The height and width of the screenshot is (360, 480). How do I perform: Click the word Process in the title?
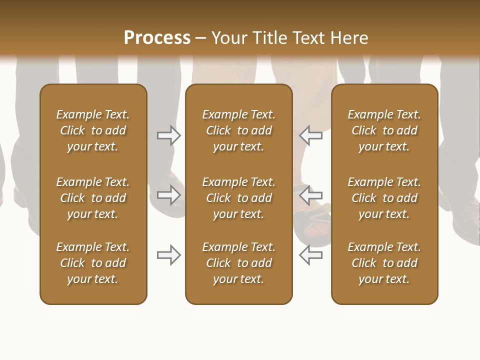tap(157, 37)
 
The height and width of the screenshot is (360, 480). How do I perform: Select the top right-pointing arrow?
tap(168, 135)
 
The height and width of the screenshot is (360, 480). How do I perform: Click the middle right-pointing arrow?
tap(168, 194)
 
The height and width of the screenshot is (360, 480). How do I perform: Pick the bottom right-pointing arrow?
tap(168, 255)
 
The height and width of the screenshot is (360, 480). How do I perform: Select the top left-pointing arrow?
tap(310, 135)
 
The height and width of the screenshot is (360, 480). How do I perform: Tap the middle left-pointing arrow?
tap(310, 194)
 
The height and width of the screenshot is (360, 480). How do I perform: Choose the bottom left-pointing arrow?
tap(310, 255)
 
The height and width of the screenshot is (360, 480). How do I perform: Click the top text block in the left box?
tap(93, 130)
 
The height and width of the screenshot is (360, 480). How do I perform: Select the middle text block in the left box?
tap(93, 198)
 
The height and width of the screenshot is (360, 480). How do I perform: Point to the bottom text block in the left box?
tap(93, 263)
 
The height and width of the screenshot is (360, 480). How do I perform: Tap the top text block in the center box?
tap(239, 130)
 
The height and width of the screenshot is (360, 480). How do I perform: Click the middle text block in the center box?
tap(239, 198)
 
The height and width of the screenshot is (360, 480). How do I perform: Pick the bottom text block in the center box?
tap(239, 263)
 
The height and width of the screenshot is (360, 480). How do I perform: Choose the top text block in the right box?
tap(384, 130)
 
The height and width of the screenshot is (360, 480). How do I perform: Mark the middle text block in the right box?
tap(384, 198)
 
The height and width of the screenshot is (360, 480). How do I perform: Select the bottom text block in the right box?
tap(384, 263)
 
